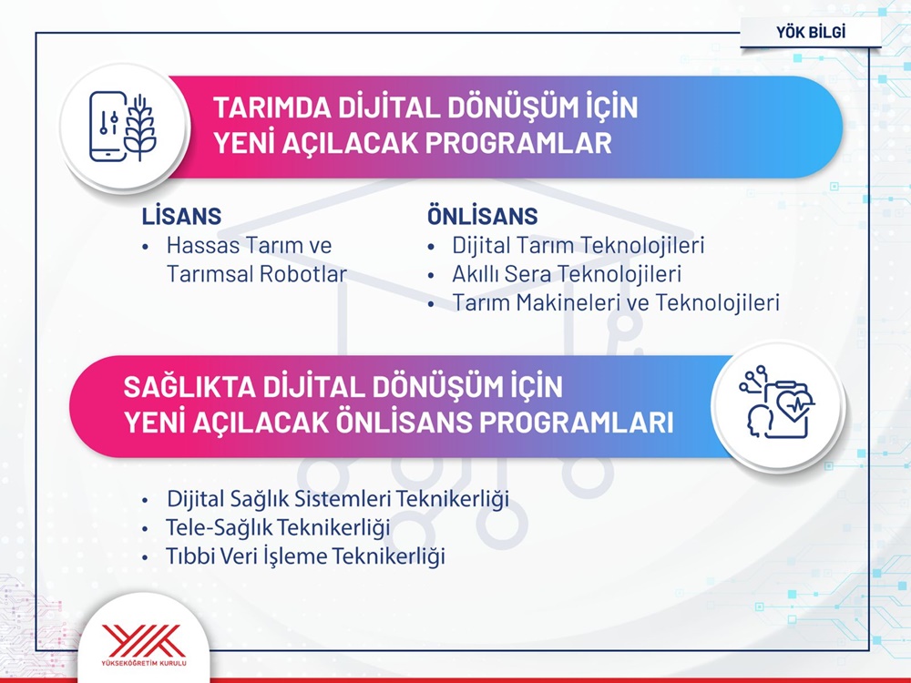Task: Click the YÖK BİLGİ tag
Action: click(811, 32)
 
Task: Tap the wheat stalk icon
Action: click(140, 127)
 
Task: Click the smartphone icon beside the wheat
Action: click(107, 127)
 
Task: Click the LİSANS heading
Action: click(181, 216)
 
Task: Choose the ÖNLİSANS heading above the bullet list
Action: click(482, 216)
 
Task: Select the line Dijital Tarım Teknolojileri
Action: click(578, 245)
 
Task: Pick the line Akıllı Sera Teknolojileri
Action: click(567, 274)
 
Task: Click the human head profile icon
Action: click(758, 422)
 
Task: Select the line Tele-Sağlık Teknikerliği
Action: click(278, 527)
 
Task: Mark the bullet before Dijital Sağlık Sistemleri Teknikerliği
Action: click(145, 500)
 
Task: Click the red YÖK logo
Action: click(144, 641)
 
